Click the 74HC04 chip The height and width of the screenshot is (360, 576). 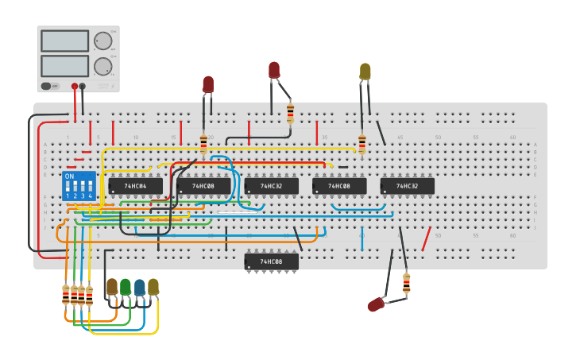coord(135,186)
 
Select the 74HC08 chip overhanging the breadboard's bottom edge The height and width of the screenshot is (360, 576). coord(271,261)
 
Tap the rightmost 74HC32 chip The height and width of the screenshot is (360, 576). coord(407,186)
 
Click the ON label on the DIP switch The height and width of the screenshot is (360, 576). coord(69,176)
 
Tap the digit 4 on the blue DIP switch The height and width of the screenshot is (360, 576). coord(90,195)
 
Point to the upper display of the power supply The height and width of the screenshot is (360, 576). coord(64,41)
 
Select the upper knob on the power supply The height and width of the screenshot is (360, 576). coord(103,41)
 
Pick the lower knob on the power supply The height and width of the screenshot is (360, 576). coord(103,66)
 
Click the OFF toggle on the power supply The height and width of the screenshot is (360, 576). coord(47,86)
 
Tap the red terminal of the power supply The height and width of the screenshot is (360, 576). coord(75,86)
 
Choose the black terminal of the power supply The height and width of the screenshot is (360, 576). coord(83,86)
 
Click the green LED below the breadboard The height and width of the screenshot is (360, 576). coord(126,286)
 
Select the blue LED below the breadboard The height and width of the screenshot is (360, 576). coord(140,287)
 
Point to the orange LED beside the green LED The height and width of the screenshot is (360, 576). coord(112,286)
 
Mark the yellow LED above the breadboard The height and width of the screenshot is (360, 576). coord(365,72)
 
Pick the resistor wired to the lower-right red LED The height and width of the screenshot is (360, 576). coord(407,283)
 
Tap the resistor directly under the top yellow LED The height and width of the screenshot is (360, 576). coord(362,144)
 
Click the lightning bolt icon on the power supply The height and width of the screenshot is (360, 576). coord(113,86)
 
